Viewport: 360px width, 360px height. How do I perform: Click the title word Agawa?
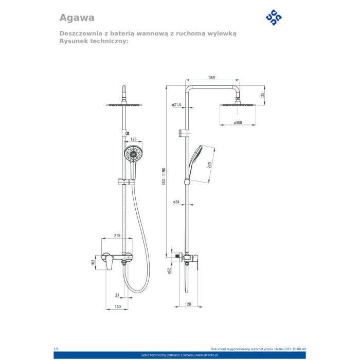(x=77, y=17)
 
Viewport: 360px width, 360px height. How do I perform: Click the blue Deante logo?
(x=274, y=17)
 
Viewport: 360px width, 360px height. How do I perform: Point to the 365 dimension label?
(x=212, y=78)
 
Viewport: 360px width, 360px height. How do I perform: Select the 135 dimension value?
(x=262, y=95)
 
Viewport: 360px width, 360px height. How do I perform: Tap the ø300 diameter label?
(x=238, y=122)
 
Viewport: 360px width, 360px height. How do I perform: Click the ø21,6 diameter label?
(x=177, y=104)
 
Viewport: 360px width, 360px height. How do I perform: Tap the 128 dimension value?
(x=189, y=304)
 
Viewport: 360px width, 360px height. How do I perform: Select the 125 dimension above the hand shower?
(x=133, y=139)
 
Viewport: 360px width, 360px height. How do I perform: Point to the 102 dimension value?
(x=93, y=262)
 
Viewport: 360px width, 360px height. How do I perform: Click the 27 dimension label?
(x=117, y=295)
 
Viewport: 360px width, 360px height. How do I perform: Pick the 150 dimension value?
(x=117, y=307)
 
